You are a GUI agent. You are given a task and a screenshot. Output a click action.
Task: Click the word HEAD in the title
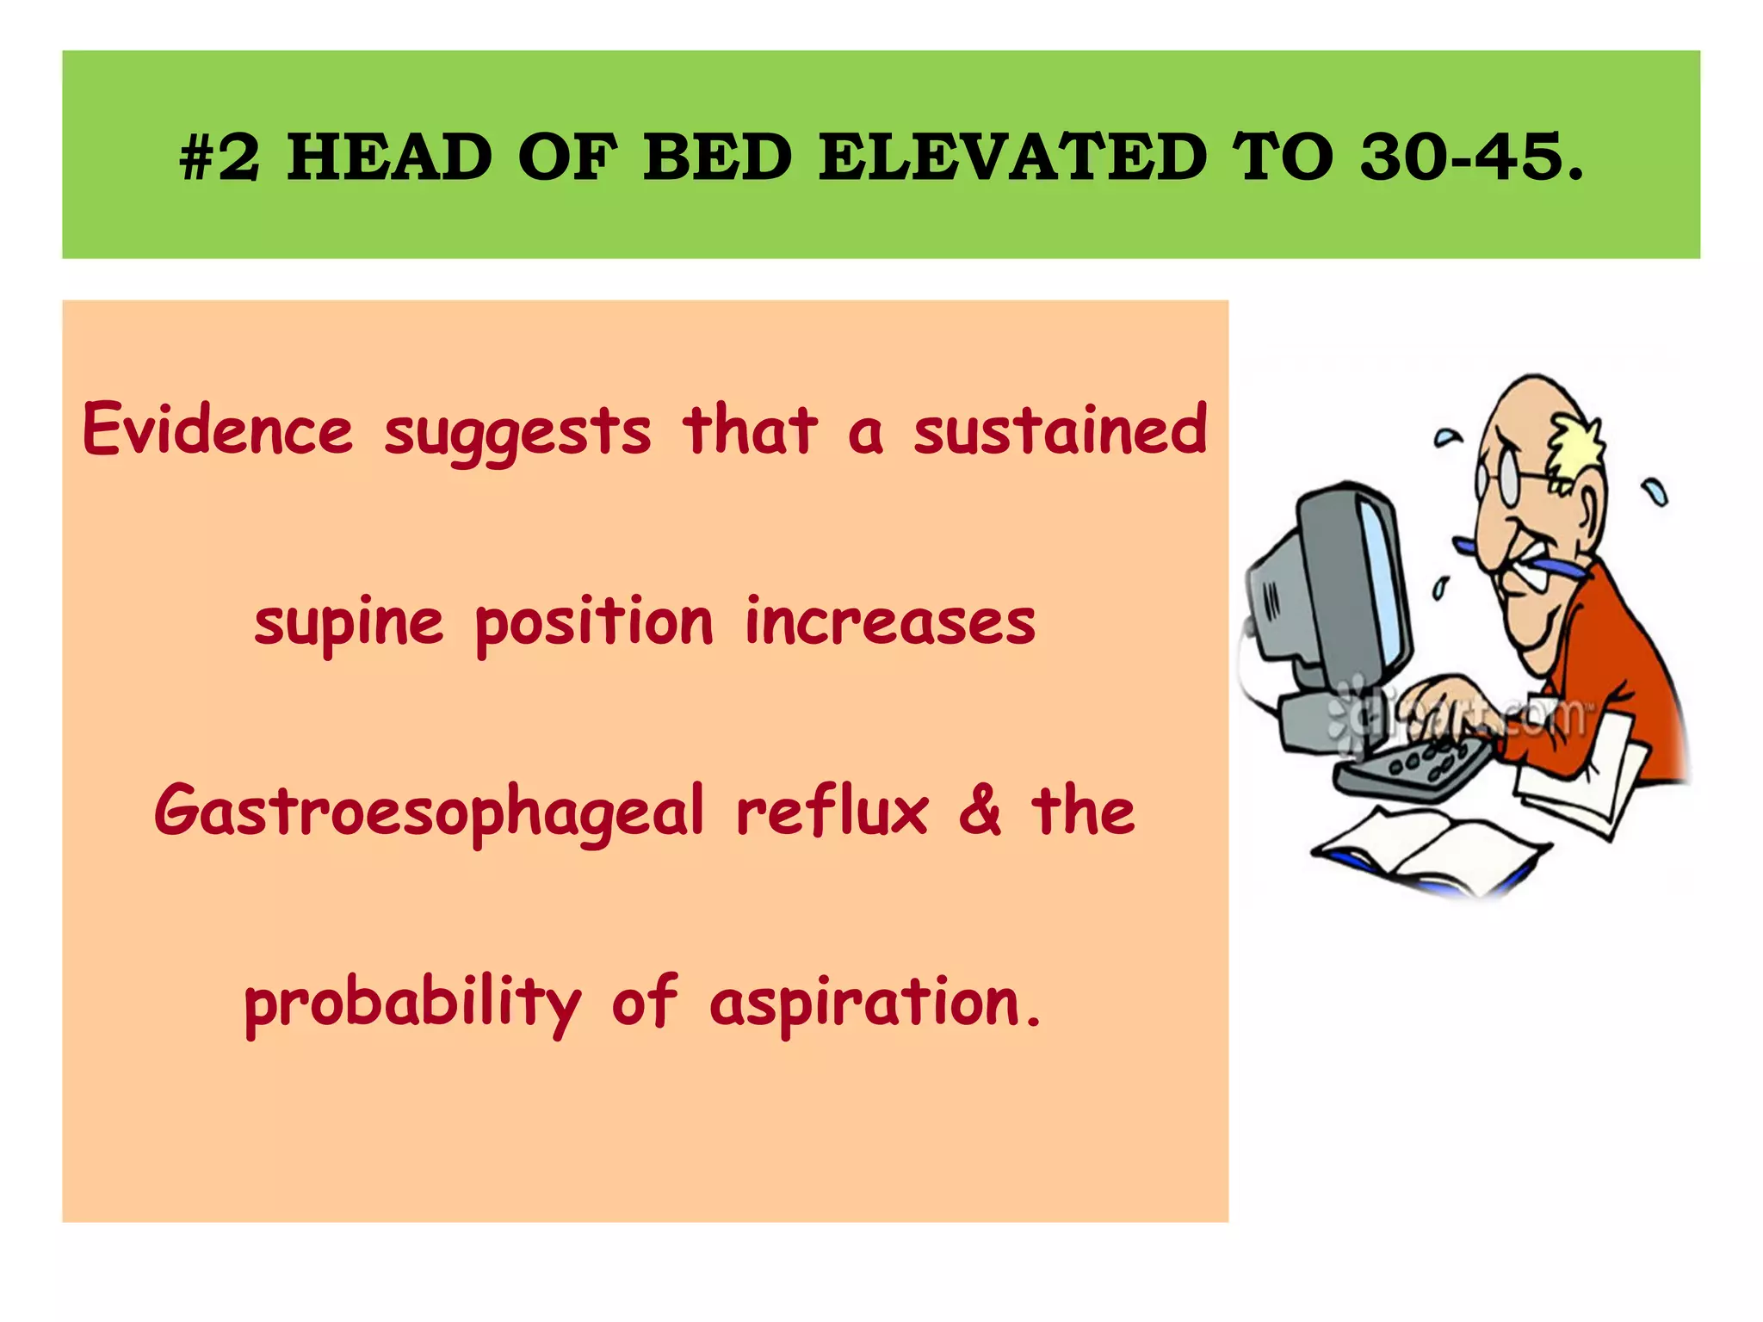pos(389,158)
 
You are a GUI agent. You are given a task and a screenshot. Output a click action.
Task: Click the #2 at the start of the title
pos(219,158)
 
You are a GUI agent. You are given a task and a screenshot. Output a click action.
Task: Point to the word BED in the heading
pos(718,158)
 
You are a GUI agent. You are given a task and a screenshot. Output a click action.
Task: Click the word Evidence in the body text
pos(218,429)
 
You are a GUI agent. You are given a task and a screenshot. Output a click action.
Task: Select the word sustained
pos(1061,429)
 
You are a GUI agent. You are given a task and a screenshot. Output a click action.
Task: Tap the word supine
pos(349,621)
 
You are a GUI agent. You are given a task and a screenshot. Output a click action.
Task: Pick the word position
pos(594,621)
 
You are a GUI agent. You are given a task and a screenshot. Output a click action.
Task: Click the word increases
pos(890,621)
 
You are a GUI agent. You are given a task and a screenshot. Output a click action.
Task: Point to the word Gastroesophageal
pos(429,812)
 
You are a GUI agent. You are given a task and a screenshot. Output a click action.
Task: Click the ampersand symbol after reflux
pos(980,812)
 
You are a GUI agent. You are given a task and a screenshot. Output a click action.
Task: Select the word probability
pos(412,1003)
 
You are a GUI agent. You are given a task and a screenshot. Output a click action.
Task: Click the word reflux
pos(832,812)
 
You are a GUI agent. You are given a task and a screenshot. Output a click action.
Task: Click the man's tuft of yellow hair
pos(1577,443)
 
